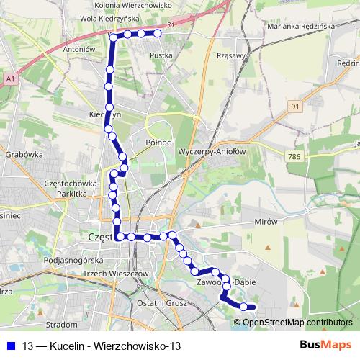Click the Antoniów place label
[x=80, y=50]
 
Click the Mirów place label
[x=266, y=222]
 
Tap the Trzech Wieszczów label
[x=115, y=274]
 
